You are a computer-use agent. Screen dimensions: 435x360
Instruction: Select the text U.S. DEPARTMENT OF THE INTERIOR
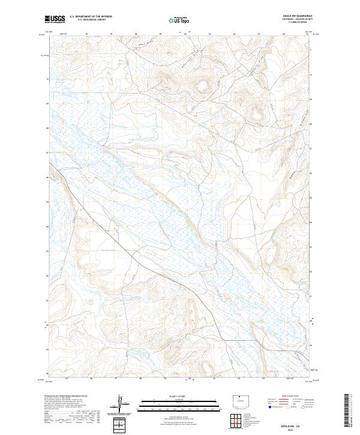(x=91, y=17)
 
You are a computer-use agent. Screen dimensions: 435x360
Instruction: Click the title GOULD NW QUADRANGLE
(x=296, y=16)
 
